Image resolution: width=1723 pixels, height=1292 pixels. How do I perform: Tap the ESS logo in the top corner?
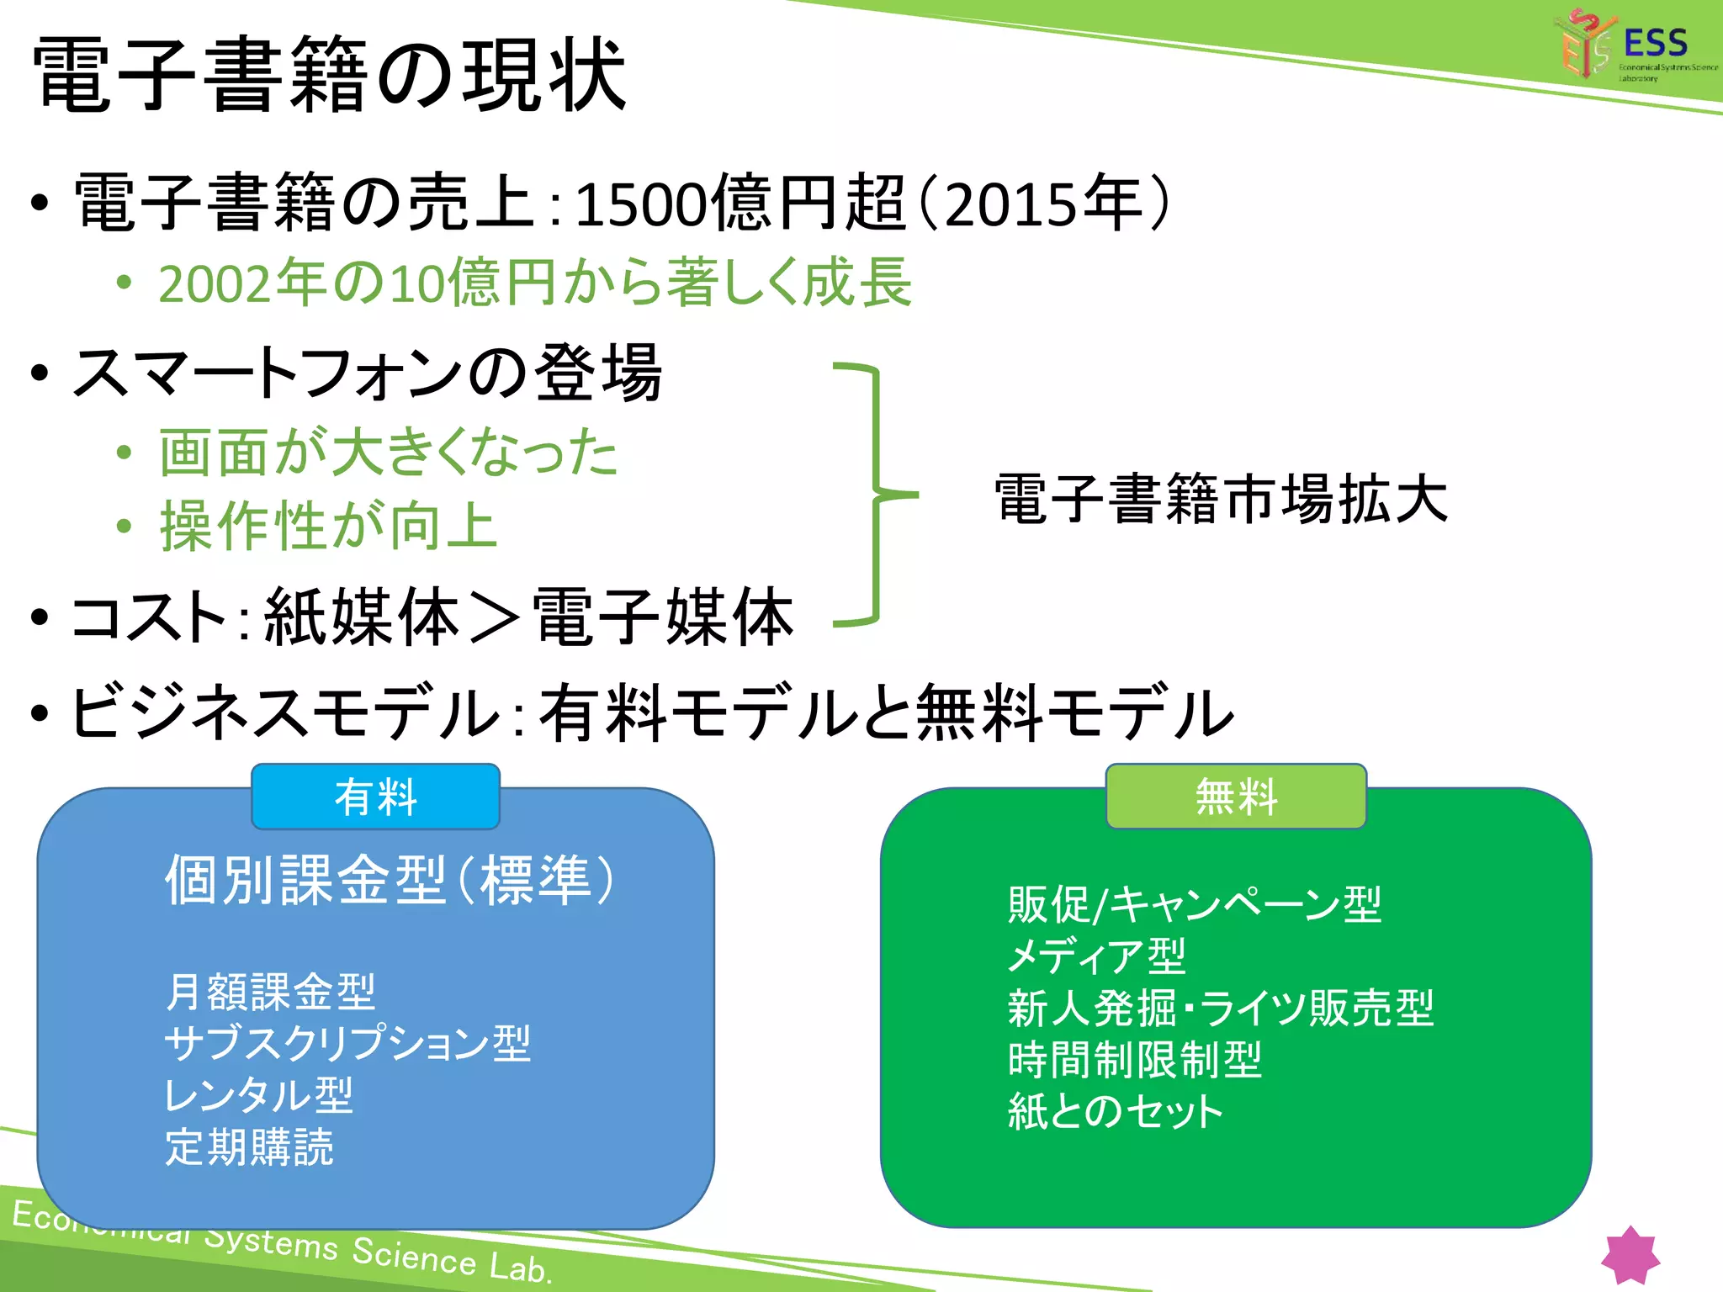point(1632,46)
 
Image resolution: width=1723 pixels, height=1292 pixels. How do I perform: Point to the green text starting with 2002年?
point(535,283)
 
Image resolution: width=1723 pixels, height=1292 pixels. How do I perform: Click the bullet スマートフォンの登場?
point(367,373)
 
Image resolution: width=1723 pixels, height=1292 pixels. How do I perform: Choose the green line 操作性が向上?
point(328,527)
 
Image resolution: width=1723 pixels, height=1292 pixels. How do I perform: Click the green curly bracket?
point(875,495)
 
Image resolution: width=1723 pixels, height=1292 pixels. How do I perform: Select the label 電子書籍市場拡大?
point(1220,500)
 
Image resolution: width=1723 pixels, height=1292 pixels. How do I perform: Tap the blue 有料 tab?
point(375,797)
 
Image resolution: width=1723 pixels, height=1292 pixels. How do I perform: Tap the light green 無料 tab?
point(1236,797)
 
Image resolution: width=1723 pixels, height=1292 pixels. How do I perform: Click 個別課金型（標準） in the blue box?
point(389,881)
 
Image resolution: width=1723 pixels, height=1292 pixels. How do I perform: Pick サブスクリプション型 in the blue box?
point(347,1043)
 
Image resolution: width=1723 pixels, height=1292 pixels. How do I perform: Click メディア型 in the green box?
point(1096,956)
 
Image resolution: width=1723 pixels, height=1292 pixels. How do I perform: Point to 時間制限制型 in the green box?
point(1135,1060)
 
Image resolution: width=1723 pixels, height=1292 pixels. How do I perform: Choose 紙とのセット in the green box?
point(1115,1111)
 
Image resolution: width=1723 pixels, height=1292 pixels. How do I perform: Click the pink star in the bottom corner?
point(1630,1255)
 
